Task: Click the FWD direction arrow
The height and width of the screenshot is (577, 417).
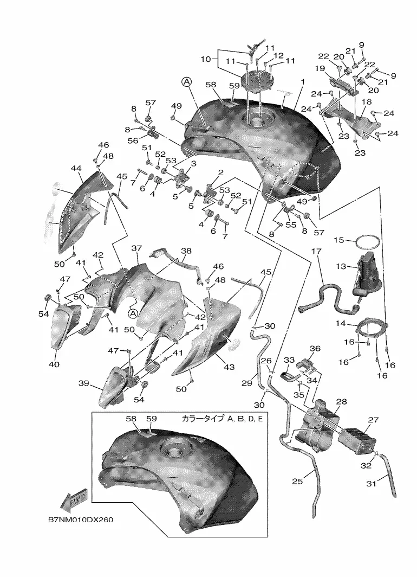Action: click(x=72, y=501)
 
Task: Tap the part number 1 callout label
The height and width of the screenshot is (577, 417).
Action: click(x=302, y=81)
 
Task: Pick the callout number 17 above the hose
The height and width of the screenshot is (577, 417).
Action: click(x=316, y=252)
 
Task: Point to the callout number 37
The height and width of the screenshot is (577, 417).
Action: click(x=136, y=248)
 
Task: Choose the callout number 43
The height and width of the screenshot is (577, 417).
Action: click(x=229, y=367)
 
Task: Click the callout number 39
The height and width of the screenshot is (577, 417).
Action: click(x=83, y=383)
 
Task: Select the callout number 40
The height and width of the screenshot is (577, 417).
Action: click(x=54, y=364)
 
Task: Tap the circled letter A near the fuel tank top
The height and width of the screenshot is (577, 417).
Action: click(x=186, y=81)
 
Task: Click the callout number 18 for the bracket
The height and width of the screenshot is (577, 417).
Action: click(x=366, y=102)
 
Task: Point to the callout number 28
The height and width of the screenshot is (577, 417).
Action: click(x=341, y=402)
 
